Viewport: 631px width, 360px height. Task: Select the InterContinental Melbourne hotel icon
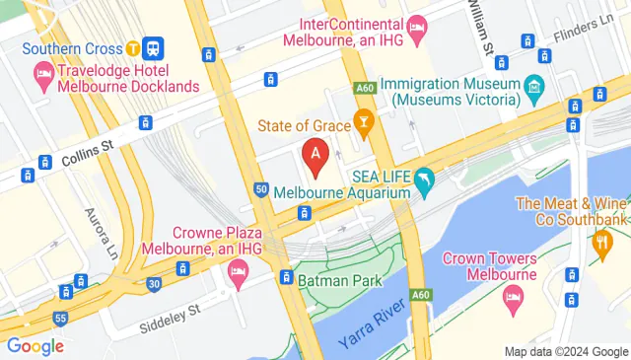(x=416, y=24)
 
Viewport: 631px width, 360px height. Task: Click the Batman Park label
(x=340, y=280)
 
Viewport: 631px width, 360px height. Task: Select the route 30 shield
(x=154, y=283)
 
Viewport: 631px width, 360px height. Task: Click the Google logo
(x=35, y=345)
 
